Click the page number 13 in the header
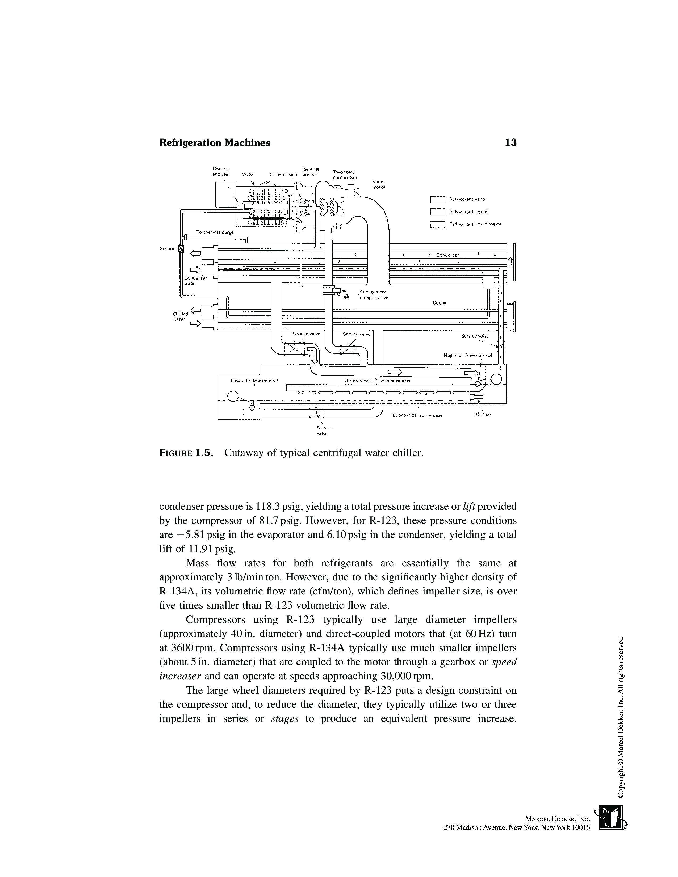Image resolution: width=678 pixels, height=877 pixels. click(510, 142)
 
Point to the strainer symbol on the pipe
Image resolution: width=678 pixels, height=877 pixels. click(181, 249)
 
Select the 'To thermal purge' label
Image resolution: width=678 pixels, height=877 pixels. click(215, 232)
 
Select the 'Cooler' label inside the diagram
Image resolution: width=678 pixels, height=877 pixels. click(440, 303)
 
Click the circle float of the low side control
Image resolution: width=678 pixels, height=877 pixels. click(233, 396)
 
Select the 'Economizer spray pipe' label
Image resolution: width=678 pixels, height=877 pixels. click(417, 416)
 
